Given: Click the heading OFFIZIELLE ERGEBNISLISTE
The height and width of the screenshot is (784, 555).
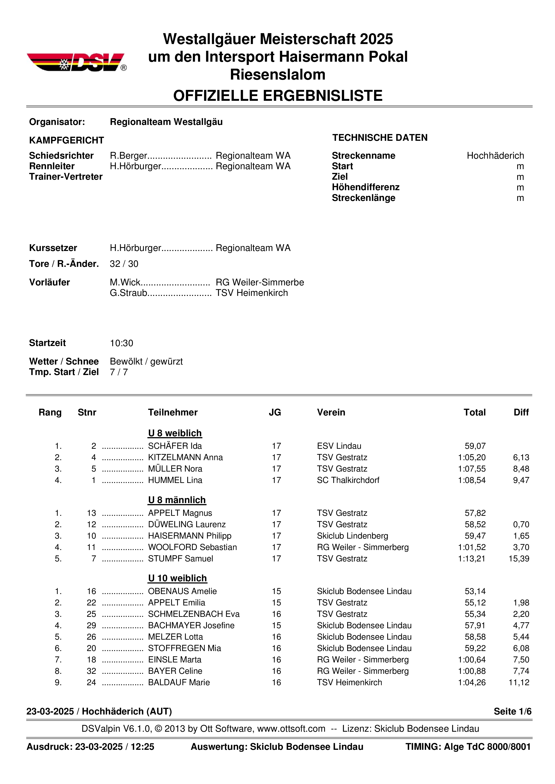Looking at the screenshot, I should point(277,96).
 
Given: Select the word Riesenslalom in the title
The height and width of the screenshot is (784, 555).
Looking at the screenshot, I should point(277,74).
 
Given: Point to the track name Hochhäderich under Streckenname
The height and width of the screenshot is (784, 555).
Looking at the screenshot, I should point(495,156).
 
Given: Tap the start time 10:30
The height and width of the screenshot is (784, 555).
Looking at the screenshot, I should point(121,343).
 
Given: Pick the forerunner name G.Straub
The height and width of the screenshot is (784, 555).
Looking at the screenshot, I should point(128,293).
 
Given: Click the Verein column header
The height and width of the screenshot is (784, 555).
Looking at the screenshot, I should point(331,413).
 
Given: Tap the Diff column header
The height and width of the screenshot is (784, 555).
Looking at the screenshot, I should point(521,413).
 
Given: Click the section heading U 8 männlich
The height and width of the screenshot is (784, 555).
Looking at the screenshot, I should point(177,500).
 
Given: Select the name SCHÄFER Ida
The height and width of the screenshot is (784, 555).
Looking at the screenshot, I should point(175,446).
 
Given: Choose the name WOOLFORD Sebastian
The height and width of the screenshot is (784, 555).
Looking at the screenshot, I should point(192,547).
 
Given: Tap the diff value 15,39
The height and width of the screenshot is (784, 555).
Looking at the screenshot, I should point(519,559).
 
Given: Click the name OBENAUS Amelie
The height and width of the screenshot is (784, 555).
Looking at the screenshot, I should point(182,591).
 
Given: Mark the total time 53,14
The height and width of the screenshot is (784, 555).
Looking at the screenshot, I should point(475,591).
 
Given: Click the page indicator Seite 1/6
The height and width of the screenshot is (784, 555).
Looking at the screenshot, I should point(512,711).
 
